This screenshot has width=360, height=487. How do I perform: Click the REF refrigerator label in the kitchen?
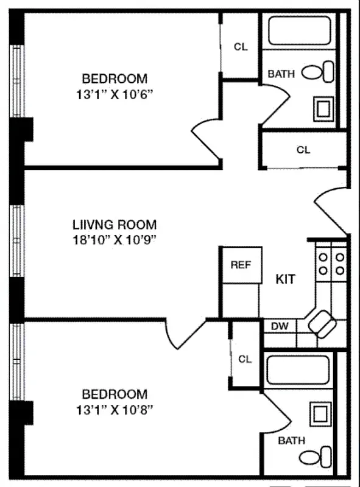(x=241, y=265)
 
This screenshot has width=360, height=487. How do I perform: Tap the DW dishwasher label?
(x=280, y=326)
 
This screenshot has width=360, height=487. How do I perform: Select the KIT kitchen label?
(x=286, y=279)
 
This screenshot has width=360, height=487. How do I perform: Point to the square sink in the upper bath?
(x=323, y=109)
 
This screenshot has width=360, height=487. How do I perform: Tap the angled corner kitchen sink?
(x=322, y=323)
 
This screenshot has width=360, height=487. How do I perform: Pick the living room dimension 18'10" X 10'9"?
(x=115, y=239)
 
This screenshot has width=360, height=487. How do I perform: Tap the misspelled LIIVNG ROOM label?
(x=115, y=225)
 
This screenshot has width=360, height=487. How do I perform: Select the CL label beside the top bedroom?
(x=241, y=47)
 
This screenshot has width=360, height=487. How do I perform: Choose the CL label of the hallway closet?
(x=303, y=150)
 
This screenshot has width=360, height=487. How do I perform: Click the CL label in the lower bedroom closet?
(x=245, y=359)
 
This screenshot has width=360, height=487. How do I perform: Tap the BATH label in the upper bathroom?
(x=281, y=74)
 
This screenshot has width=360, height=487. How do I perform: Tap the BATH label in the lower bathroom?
(x=291, y=441)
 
